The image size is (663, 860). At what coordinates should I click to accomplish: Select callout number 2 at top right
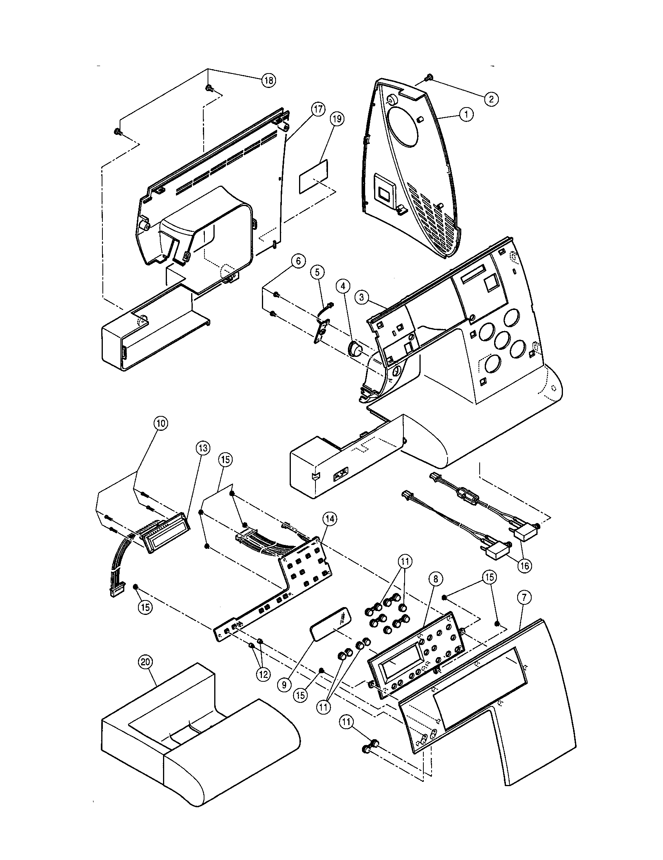click(491, 99)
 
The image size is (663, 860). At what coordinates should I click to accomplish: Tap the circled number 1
click(466, 115)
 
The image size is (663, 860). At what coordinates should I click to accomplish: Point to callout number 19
click(337, 119)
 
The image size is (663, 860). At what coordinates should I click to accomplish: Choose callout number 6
click(298, 261)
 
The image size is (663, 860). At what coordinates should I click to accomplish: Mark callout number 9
click(284, 685)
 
